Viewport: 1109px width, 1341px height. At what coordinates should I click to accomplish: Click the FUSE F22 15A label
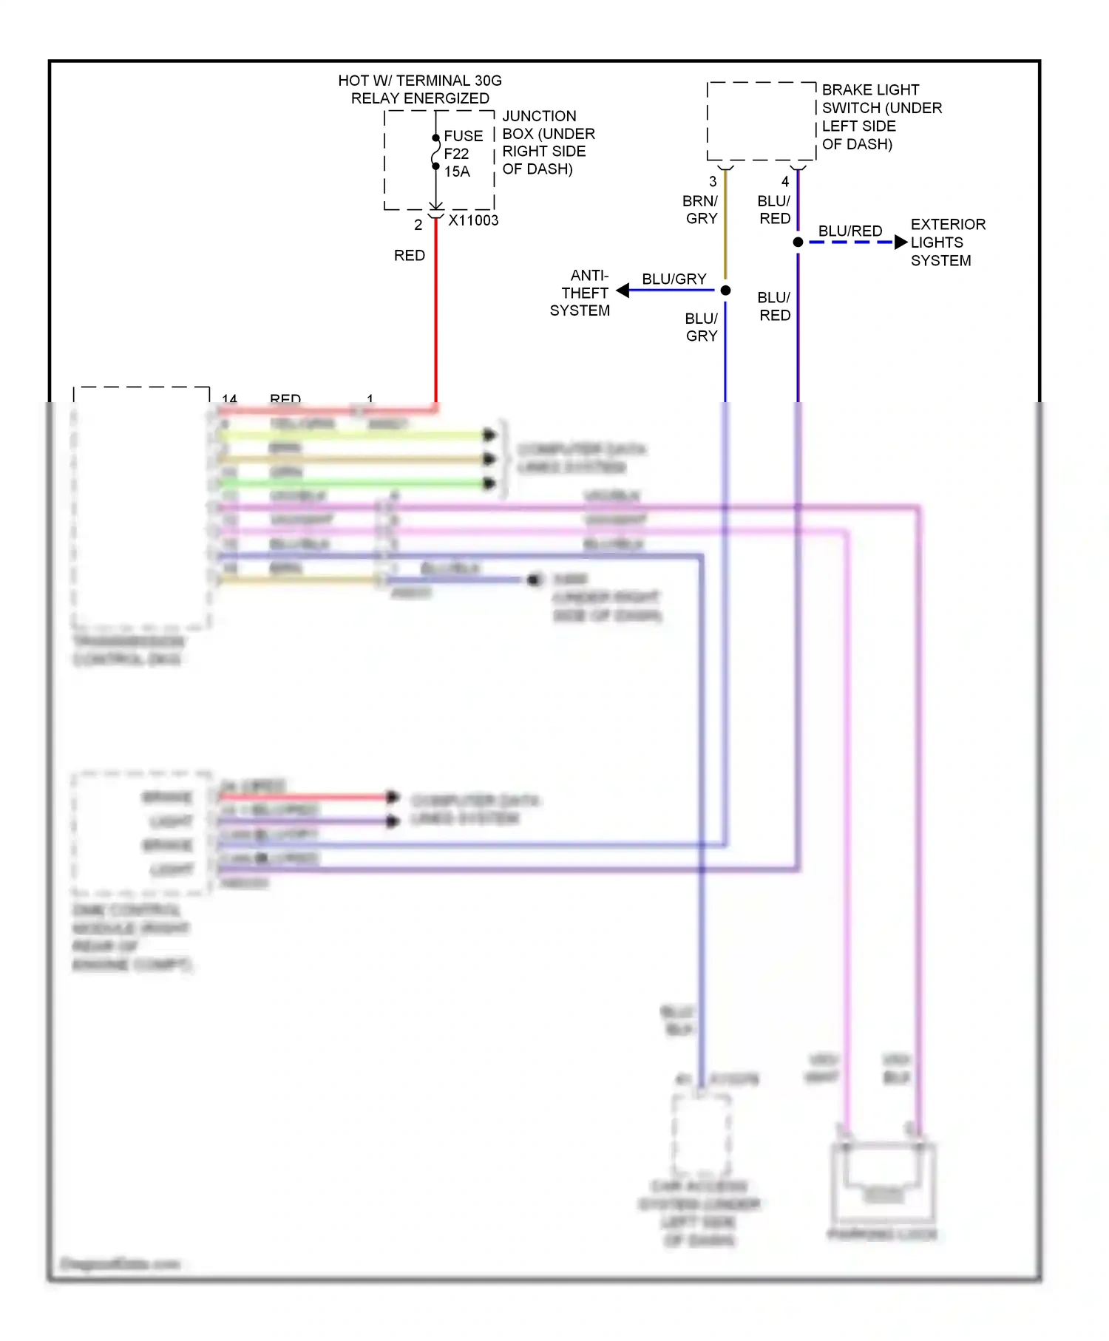click(462, 154)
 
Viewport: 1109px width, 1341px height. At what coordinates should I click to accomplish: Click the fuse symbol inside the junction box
click(436, 152)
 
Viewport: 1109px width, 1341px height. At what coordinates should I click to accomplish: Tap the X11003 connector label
click(473, 220)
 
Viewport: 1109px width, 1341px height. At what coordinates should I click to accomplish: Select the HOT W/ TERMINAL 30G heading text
click(419, 81)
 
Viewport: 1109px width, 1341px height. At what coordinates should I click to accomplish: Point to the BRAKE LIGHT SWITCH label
click(881, 117)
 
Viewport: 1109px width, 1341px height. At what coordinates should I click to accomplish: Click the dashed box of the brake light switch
click(762, 121)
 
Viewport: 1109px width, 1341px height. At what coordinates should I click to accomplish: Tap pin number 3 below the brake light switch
click(713, 181)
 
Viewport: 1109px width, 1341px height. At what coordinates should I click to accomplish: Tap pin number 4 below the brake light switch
click(785, 181)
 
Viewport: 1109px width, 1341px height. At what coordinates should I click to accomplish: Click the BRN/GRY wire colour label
click(700, 210)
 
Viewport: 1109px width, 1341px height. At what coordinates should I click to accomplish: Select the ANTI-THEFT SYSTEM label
click(580, 293)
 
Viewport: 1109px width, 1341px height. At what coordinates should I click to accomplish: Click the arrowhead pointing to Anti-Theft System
click(623, 291)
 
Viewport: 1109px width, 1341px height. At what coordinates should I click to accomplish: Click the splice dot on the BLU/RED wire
click(798, 242)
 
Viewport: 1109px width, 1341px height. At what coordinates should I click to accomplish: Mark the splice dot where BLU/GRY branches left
click(725, 291)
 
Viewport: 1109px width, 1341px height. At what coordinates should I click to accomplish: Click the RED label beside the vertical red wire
click(409, 256)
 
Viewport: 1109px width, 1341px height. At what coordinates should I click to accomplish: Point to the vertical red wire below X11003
click(435, 318)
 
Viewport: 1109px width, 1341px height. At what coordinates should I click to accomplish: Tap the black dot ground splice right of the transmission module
click(534, 580)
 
